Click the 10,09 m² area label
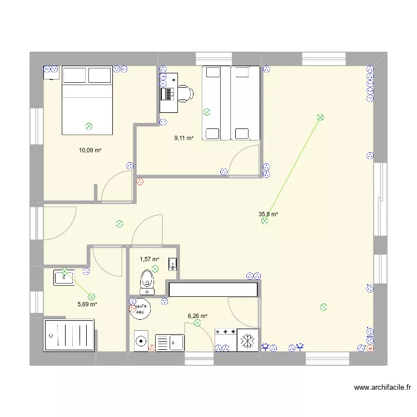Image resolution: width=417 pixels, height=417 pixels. tap(90, 150)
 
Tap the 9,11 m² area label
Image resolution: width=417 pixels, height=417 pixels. tap(183, 138)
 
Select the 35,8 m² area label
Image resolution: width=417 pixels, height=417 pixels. tap(268, 214)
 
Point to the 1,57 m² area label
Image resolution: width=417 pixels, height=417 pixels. tap(150, 259)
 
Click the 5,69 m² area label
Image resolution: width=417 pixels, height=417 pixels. tap(87, 304)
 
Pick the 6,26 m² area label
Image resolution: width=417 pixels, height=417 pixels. tap(197, 316)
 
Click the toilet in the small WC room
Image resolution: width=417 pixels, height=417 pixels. tap(147, 280)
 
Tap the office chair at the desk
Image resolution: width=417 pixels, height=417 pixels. tap(183, 93)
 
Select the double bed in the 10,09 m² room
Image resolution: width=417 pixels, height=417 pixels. tap(88, 100)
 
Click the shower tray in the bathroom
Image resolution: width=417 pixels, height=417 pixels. tap(69, 335)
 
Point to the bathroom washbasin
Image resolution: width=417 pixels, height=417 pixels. tap(64, 277)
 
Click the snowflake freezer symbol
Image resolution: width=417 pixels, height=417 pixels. tap(246, 339)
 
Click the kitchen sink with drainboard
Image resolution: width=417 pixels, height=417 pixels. tap(170, 341)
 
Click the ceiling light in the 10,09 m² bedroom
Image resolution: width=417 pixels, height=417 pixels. tap(89, 127)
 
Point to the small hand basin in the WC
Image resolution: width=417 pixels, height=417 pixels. tap(172, 264)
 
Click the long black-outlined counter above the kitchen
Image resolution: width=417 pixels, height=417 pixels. tap(214, 290)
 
